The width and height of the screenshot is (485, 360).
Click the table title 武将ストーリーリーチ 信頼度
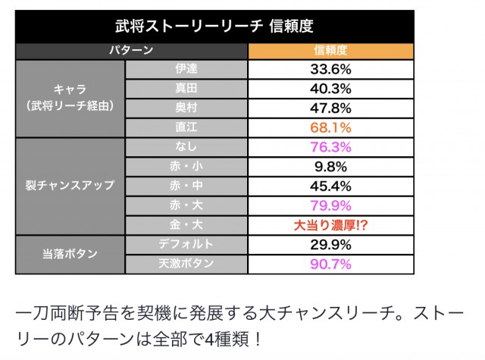(214, 28)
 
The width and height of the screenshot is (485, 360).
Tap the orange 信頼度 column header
(330, 50)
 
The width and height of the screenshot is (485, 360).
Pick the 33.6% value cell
(330, 69)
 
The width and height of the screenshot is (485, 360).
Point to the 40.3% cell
(330, 88)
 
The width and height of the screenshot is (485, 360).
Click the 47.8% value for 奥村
(330, 108)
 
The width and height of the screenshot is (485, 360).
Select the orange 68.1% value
(330, 127)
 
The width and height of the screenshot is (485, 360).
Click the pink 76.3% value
(330, 147)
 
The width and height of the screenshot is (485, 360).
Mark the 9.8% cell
(330, 167)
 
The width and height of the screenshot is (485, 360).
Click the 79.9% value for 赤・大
(330, 205)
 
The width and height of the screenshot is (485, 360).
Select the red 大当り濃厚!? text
(330, 225)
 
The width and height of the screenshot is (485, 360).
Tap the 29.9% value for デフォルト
(330, 245)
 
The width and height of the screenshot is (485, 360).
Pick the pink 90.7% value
(330, 264)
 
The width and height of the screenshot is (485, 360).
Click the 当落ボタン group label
(70, 255)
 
